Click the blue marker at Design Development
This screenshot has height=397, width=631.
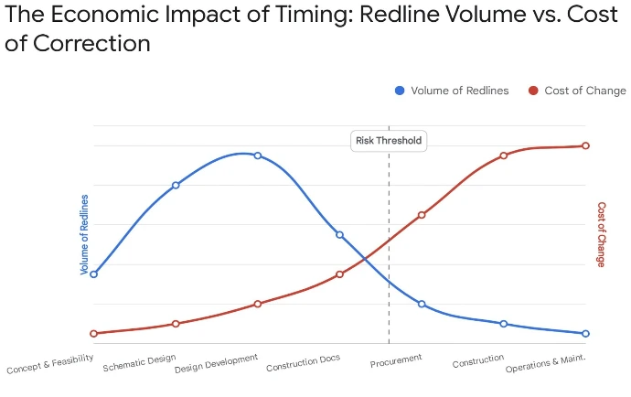pos(258,156)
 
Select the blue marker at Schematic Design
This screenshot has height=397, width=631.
pos(176,185)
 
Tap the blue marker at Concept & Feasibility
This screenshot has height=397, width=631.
pos(93,274)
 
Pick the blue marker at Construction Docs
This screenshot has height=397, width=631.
pos(339,235)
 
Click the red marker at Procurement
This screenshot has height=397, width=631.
pos(422,215)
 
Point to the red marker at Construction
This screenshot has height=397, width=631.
pos(504,156)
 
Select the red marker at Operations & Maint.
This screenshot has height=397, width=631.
pos(585,145)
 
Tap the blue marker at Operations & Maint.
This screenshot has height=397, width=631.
pos(585,334)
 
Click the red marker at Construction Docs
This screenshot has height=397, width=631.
pos(339,274)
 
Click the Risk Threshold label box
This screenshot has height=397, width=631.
pos(389,141)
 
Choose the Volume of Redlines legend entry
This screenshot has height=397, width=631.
pos(454,91)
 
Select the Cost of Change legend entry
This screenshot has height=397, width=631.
pos(577,91)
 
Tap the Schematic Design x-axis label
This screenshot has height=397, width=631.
pos(139,362)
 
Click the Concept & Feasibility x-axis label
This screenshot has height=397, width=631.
pos(50,365)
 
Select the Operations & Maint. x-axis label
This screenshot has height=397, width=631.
pos(545,363)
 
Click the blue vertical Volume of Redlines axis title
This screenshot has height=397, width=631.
pos(85,235)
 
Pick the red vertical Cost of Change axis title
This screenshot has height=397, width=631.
pos(601,235)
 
